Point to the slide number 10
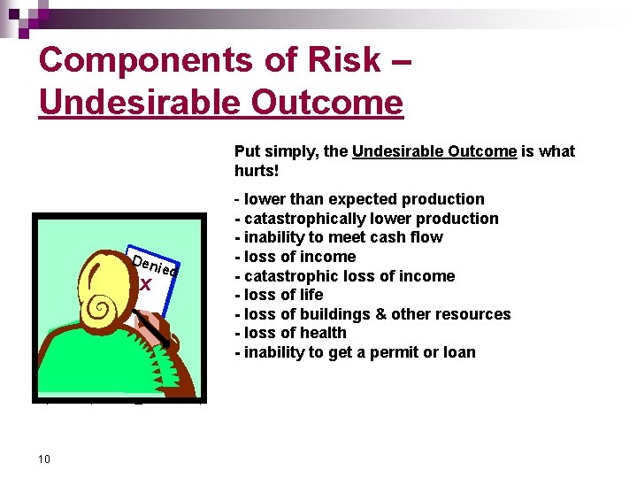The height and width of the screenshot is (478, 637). (44, 459)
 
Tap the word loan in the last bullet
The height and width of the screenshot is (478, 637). (459, 352)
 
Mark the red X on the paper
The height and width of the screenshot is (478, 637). (146, 285)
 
